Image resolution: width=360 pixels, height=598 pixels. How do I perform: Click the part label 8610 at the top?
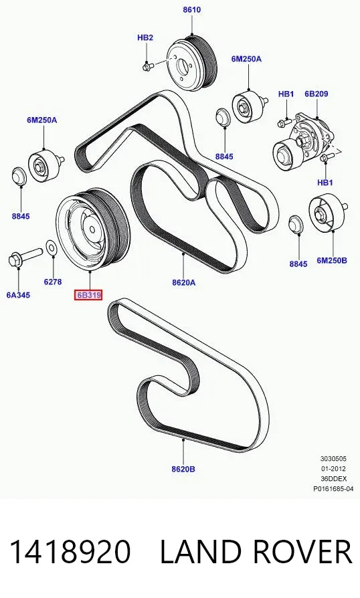(192, 9)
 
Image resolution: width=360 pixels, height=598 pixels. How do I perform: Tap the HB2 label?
(145, 37)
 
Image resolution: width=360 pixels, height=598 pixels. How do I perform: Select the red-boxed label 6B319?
(88, 295)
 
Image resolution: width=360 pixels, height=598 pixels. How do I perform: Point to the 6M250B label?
(332, 260)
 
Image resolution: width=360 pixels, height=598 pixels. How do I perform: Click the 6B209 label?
(316, 94)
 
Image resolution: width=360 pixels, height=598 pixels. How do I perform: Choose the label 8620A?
(183, 282)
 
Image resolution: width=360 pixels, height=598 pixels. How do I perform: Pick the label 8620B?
(183, 469)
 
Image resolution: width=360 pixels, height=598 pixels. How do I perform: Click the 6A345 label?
(18, 295)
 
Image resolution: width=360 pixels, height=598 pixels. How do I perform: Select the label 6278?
(53, 282)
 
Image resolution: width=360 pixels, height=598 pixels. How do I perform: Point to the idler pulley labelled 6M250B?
(327, 213)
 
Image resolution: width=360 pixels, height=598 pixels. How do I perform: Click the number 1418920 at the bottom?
(70, 551)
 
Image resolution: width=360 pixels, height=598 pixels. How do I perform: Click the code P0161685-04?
(333, 488)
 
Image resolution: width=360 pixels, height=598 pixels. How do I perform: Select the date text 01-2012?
(333, 469)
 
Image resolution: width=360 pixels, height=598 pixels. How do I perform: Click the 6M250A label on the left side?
(42, 120)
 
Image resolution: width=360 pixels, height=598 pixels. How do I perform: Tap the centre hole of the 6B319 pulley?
(92, 229)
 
